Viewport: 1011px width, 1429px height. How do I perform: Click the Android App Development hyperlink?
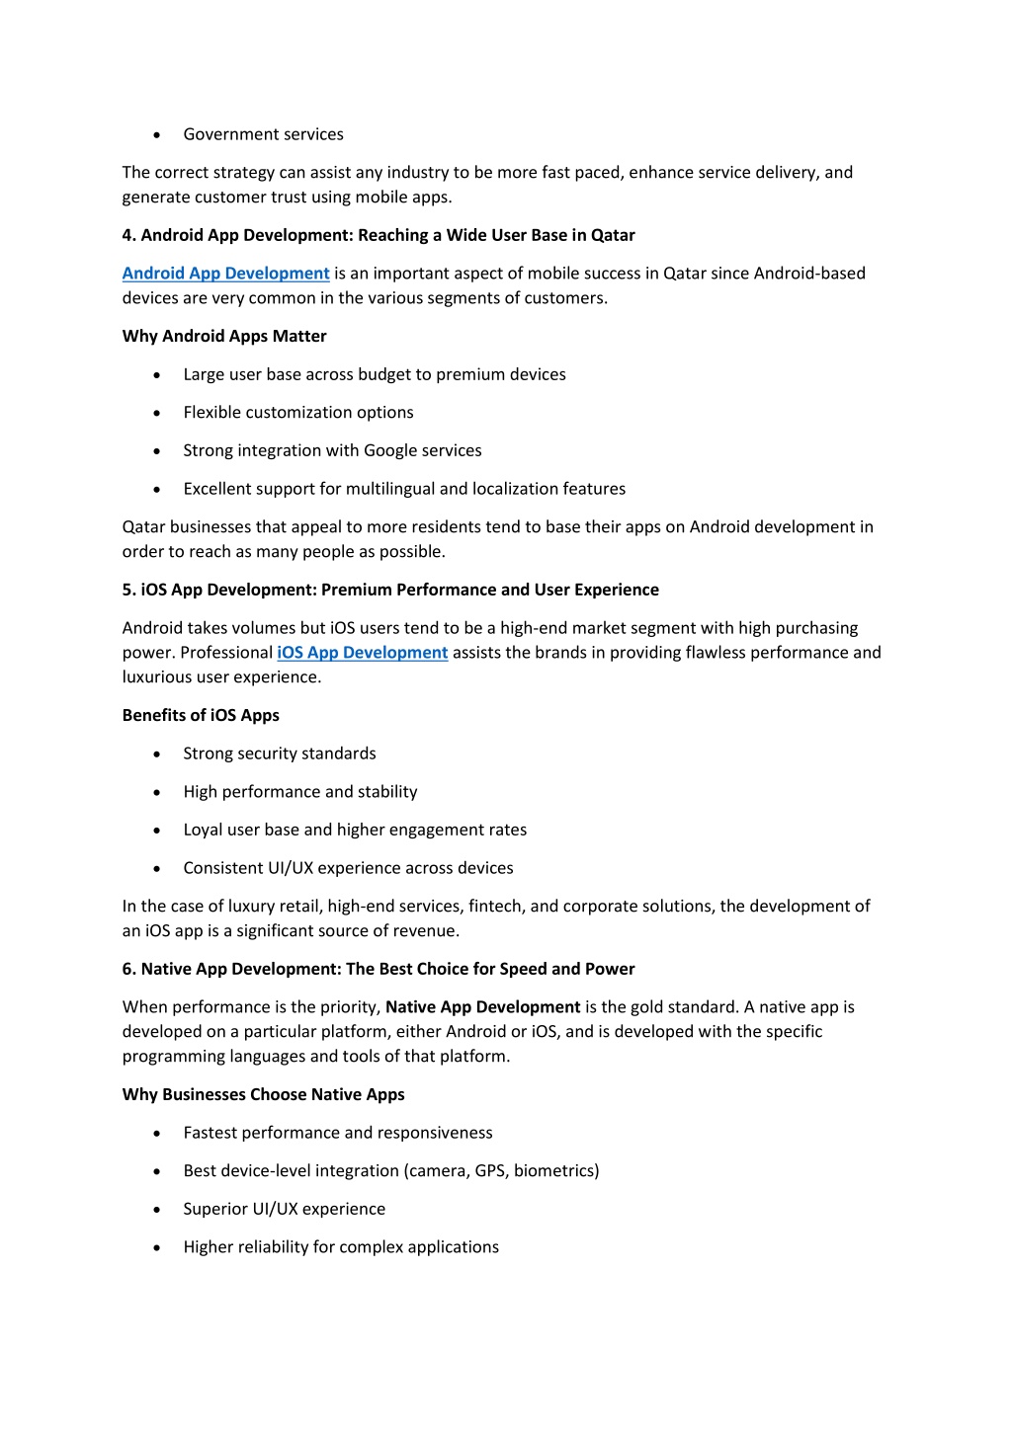pos(225,274)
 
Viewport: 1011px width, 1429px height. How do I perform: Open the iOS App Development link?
pos(362,653)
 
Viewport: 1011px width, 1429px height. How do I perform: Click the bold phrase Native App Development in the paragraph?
pos(482,1007)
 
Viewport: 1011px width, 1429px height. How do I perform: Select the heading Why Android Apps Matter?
pos(224,337)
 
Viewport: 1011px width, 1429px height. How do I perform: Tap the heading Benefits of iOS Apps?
pos(201,716)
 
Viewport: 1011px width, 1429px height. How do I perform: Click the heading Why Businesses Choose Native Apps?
pos(263,1095)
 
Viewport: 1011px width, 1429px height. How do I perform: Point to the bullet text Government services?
pos(263,134)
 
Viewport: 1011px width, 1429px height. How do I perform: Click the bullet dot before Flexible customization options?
pos(157,413)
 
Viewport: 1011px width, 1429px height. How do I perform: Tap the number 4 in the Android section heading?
pos(127,236)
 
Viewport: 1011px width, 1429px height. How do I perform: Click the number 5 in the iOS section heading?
pos(127,591)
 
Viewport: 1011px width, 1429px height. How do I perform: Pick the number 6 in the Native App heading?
pos(127,970)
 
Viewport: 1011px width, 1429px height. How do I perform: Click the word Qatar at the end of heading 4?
pos(613,236)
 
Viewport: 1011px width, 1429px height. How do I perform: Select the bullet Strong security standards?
pos(280,754)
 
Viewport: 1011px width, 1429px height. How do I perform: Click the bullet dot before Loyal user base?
pos(157,831)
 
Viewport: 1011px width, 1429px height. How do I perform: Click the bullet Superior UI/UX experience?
pos(284,1210)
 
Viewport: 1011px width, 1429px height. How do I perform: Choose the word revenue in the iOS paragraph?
pos(426,931)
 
